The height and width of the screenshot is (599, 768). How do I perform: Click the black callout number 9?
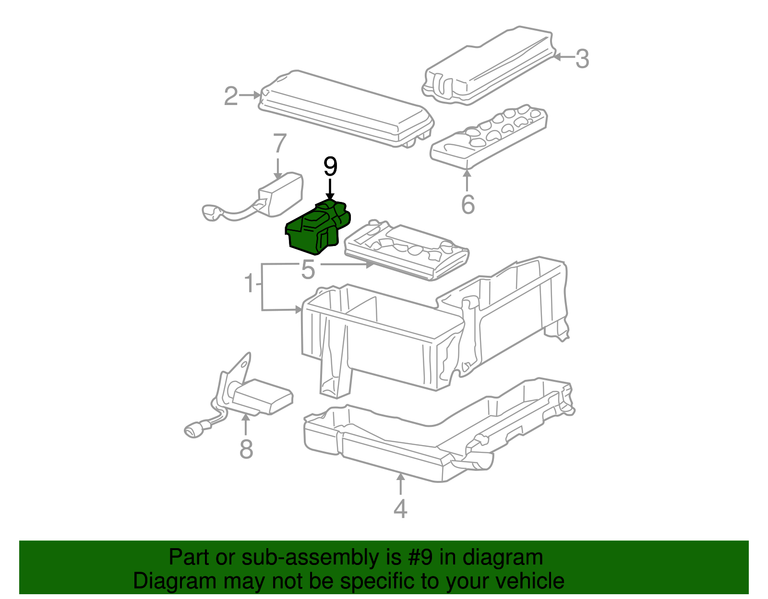330,167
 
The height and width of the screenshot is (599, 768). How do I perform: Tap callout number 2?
231,96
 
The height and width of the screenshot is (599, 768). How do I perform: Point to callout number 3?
582,59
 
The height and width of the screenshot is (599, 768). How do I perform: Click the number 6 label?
468,204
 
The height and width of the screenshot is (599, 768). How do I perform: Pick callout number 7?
279,143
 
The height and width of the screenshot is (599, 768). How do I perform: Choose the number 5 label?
308,270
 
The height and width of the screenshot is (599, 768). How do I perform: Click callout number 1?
249,283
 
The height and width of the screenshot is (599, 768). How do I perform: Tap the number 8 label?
246,449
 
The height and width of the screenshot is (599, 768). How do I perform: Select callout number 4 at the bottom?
400,509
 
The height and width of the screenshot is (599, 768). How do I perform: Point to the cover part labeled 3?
490,67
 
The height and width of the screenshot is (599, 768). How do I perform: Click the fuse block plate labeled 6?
490,137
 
